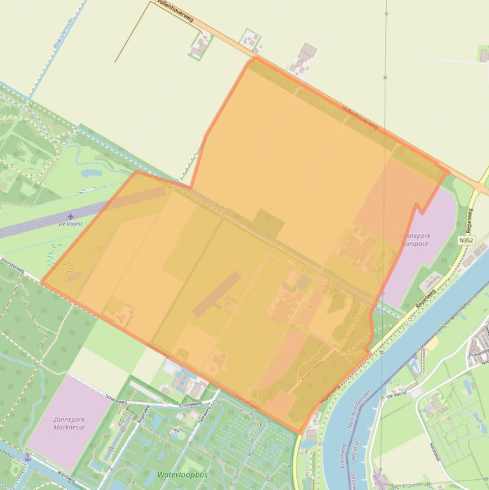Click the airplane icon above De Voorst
tap(71, 215)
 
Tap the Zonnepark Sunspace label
tap(414, 239)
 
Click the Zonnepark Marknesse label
tap(69, 423)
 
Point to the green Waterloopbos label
tap(183, 475)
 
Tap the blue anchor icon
tap(27, 457)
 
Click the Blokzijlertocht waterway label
tap(64, 34)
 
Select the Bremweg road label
tap(65, 478)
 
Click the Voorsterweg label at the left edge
tap(13, 264)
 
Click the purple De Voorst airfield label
tap(71, 224)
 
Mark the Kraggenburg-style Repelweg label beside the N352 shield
tap(470, 220)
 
